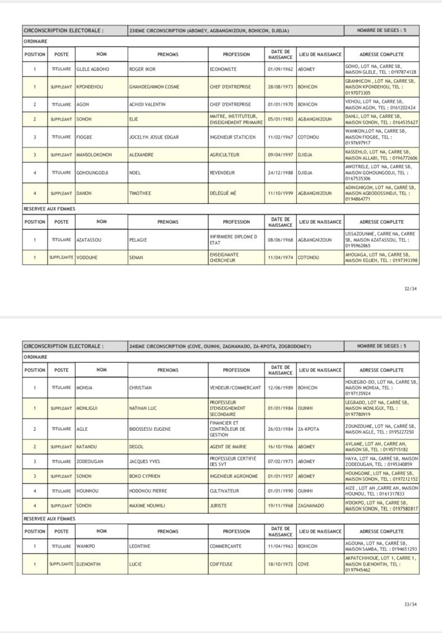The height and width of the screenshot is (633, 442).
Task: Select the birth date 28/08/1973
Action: pos(281,87)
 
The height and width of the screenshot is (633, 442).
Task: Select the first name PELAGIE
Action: pos(138,239)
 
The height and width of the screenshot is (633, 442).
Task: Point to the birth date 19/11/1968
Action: pos(281,506)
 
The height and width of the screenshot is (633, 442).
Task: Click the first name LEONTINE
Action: pos(140,546)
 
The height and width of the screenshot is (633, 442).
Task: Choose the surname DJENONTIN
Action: pos(93,563)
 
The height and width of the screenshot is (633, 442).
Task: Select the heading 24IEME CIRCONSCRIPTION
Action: pos(221,346)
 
